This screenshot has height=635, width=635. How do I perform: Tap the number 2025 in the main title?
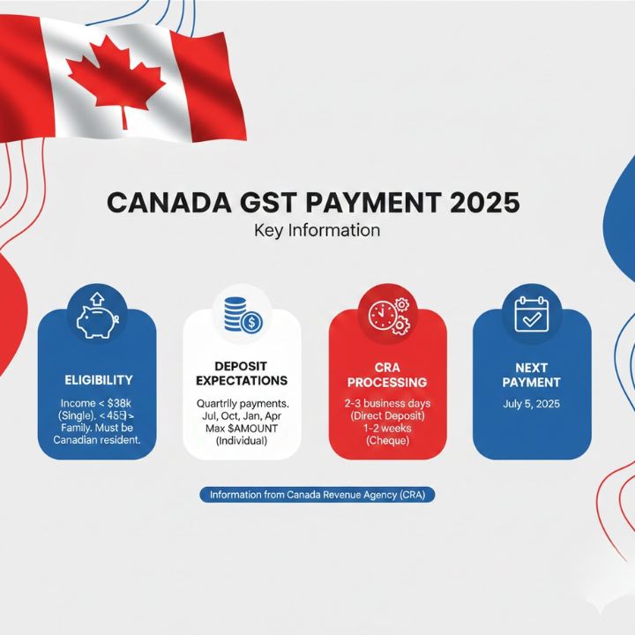[484, 204]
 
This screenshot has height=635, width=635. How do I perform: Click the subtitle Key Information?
[317, 231]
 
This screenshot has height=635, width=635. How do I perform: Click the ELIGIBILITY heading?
[99, 379]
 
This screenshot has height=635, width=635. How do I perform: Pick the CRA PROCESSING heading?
[387, 374]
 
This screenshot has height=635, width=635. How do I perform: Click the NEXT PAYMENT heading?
[532, 374]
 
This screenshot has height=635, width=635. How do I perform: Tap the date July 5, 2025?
[531, 404]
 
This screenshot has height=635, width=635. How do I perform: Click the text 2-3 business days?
[387, 402]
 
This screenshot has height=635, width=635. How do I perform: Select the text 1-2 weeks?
[387, 428]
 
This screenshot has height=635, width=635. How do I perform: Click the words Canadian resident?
[98, 440]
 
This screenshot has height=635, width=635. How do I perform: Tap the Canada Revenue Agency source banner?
[317, 495]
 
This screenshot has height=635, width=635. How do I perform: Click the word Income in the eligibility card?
[73, 404]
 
